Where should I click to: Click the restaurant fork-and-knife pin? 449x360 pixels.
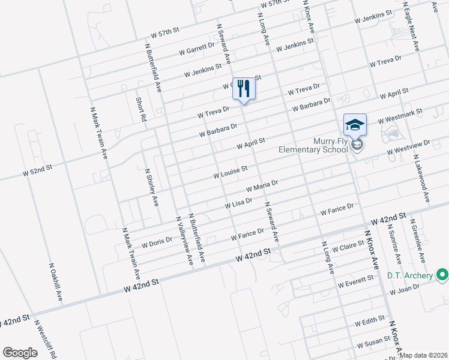point(243,89)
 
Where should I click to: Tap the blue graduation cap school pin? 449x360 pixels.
point(355,125)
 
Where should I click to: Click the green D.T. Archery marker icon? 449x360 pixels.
point(443,275)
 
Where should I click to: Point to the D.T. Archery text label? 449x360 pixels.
point(410,275)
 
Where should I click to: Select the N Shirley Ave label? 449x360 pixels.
point(151,187)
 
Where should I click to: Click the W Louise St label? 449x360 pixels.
point(231,173)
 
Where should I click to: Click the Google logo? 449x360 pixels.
point(20,353)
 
